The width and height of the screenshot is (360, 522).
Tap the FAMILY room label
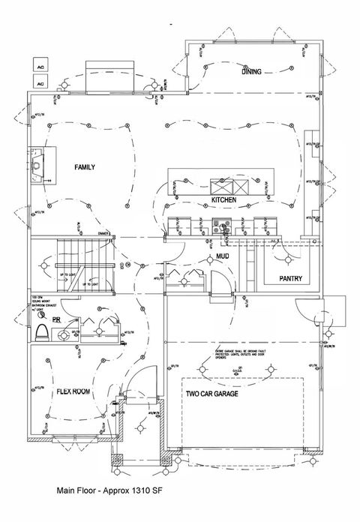click(x=84, y=166)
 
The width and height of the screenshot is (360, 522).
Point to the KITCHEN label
click(x=223, y=201)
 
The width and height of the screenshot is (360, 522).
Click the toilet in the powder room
click(x=43, y=330)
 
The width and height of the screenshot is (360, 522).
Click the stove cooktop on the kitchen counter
click(x=222, y=223)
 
